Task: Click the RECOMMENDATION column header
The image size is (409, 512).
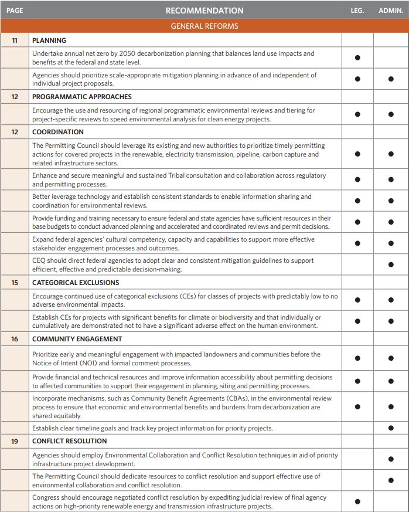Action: point(204,11)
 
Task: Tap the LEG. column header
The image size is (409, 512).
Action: point(357,11)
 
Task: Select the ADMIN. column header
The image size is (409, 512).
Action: point(391,11)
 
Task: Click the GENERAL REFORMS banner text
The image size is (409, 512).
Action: point(204,26)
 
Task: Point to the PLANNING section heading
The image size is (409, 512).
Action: point(49,40)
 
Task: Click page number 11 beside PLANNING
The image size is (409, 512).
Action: point(15,40)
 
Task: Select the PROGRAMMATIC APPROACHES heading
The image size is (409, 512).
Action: point(82,97)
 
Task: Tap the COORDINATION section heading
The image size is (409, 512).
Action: point(58,133)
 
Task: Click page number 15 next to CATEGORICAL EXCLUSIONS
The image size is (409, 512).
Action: point(15,283)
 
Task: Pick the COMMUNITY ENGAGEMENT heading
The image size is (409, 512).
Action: point(77,339)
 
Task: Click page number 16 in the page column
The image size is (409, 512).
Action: point(15,339)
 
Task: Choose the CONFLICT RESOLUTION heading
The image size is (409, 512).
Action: point(69,441)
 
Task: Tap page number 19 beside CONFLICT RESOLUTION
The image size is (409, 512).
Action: point(15,441)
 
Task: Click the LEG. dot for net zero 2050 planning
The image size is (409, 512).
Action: point(357,57)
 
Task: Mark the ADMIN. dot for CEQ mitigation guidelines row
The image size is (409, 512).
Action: point(391,265)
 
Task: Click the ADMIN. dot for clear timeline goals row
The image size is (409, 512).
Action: point(391,428)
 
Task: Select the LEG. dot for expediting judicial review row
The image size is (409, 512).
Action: point(357,501)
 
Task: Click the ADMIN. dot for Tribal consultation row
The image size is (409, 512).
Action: point(391,179)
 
